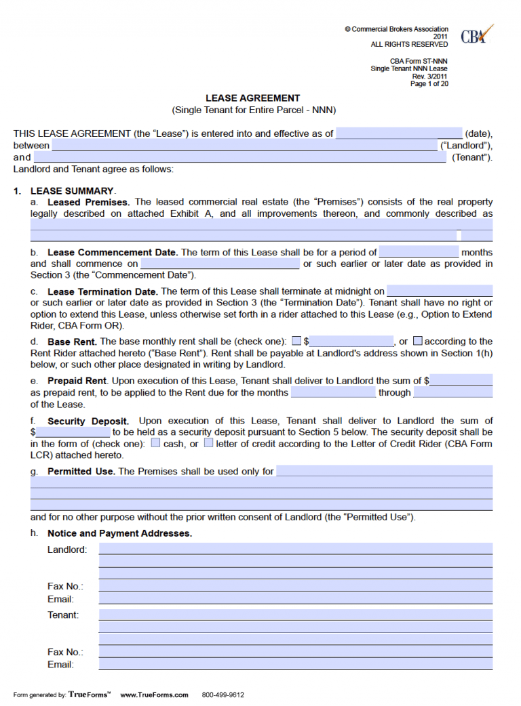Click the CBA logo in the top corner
(x=476, y=35)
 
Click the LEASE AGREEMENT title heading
(x=253, y=98)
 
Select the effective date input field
(x=398, y=133)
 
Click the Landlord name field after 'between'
(x=244, y=146)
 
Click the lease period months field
(x=419, y=252)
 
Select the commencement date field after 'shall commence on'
(x=220, y=264)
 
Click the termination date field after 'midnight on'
(x=440, y=291)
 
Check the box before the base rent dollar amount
(x=296, y=341)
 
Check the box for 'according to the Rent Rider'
(x=418, y=341)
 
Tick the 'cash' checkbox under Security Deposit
(x=155, y=443)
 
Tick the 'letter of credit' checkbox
(x=208, y=443)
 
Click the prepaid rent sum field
(x=461, y=381)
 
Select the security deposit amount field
(x=73, y=432)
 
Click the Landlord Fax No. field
(x=296, y=585)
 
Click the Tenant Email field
(x=296, y=665)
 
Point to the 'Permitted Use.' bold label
(x=81, y=471)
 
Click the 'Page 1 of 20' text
(x=429, y=84)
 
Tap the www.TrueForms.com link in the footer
(x=154, y=694)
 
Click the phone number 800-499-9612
(x=223, y=694)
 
